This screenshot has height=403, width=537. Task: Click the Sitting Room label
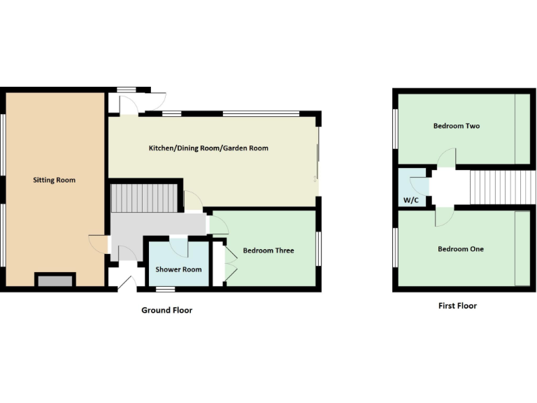(54, 181)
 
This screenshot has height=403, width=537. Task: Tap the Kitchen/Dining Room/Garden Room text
(208, 148)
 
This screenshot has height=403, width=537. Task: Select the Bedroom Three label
(268, 250)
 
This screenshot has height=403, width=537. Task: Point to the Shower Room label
(179, 269)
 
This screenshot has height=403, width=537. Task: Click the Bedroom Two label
(456, 127)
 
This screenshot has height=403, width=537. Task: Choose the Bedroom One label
(460, 249)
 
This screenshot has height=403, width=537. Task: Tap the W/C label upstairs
(410, 200)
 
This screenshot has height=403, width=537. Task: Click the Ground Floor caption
(166, 310)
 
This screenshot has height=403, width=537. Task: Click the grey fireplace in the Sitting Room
(55, 281)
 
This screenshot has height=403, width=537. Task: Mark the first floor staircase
(501, 188)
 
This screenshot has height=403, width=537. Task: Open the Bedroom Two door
(447, 159)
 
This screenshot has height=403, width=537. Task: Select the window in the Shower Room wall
(165, 289)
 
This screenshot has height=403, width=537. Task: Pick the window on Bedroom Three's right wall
(319, 248)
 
